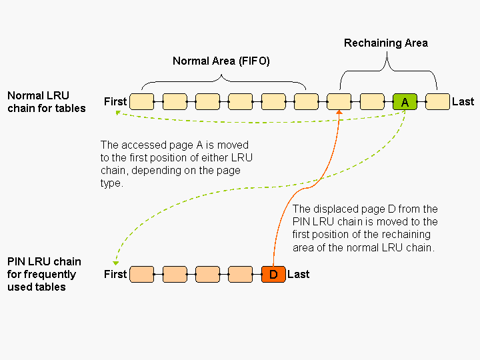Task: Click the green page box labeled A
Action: point(405,101)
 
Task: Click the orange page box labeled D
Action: point(273,274)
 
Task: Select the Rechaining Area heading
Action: point(385,43)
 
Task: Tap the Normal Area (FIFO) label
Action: point(221,61)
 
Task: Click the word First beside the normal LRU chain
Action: point(115,101)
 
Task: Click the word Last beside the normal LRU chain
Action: point(463,101)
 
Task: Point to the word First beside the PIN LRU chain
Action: point(115,274)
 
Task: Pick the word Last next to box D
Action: point(298,274)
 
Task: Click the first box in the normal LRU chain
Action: point(141,101)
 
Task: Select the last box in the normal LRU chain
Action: point(437,101)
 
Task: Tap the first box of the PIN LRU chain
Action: point(141,274)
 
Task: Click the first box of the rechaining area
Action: point(339,101)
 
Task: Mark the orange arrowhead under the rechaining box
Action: point(339,113)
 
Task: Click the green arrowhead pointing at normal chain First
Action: point(119,113)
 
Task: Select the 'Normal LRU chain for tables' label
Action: point(47,102)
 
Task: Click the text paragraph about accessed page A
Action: point(176,163)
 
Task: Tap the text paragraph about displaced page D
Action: point(365,228)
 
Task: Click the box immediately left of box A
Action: point(372,101)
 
